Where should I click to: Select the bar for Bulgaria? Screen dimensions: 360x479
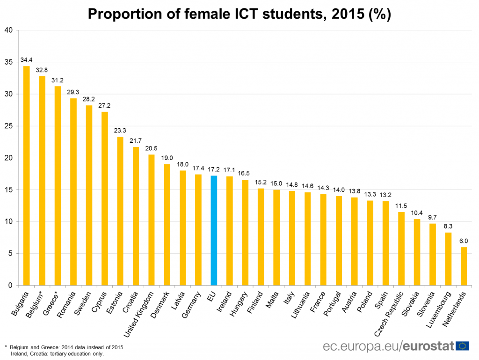[26, 176]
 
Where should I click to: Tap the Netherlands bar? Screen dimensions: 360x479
[464, 266]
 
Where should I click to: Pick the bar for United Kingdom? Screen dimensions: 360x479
[151, 220]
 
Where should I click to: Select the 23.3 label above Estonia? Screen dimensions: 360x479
[120, 131]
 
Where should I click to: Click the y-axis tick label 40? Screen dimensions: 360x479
[8, 30]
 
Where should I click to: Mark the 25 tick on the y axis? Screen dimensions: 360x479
[8, 126]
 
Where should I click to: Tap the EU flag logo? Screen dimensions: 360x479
[463, 346]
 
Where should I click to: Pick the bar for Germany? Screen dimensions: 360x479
[198, 230]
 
